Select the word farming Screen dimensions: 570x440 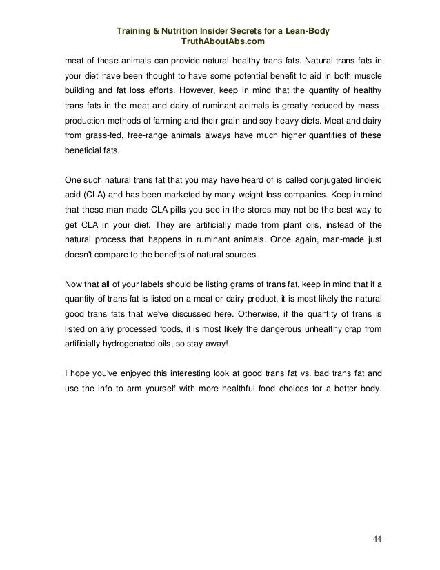point(172,126)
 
